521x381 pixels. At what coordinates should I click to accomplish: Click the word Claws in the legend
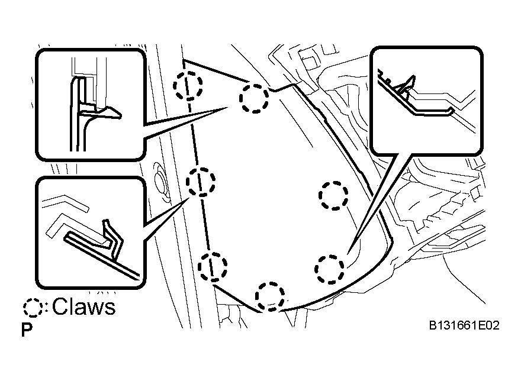click(83, 306)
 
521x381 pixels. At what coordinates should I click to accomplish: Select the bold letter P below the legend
click(27, 330)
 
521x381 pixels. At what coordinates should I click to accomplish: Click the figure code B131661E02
click(464, 325)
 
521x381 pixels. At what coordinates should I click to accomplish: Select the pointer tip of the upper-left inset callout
click(227, 107)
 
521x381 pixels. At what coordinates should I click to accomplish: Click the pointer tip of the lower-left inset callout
click(189, 198)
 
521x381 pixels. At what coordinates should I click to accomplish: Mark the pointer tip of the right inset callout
click(348, 254)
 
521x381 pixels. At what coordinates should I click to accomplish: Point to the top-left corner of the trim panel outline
click(184, 60)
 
